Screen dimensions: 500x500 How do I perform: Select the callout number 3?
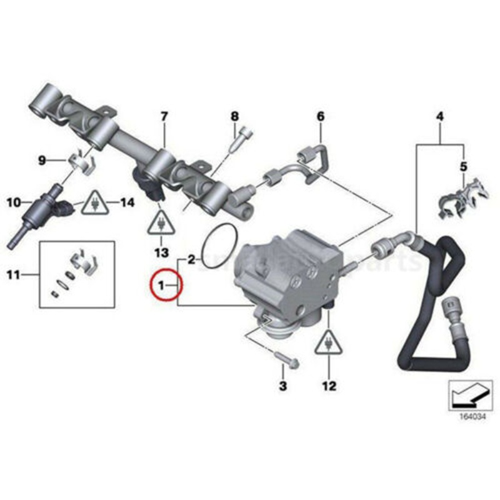[282, 386]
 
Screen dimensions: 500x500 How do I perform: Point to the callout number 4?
[440, 117]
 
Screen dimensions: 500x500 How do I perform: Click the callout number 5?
[464, 166]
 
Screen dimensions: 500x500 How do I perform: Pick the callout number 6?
[321, 116]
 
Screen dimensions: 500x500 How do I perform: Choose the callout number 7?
[164, 116]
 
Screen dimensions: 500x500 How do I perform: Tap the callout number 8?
[234, 116]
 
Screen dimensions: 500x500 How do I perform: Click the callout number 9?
[42, 161]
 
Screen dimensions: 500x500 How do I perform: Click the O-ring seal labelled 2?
[220, 249]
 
